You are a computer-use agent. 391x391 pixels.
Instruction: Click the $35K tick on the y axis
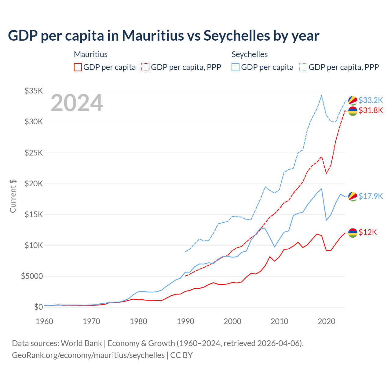(34, 91)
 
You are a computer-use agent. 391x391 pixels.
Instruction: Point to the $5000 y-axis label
(32, 276)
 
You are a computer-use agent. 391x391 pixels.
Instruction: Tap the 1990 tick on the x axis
(185, 321)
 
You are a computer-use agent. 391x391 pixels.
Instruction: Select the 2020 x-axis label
(327, 321)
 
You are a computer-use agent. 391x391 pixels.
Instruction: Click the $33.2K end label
(371, 100)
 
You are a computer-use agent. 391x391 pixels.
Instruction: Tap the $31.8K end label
(371, 110)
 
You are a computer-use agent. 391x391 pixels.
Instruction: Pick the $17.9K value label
(371, 196)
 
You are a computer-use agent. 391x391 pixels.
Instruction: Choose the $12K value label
(368, 232)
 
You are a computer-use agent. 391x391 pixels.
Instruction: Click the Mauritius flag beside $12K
(353, 233)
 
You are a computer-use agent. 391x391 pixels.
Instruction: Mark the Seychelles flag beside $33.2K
(353, 100)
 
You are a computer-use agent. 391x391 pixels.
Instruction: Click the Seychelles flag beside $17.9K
(353, 196)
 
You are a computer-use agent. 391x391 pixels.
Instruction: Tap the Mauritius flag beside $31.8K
(353, 111)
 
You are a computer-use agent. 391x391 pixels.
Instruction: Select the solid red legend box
(78, 67)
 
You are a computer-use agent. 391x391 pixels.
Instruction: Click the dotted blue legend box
(303, 67)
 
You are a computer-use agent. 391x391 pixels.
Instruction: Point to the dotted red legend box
(145, 67)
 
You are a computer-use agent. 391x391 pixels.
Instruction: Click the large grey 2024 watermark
(77, 103)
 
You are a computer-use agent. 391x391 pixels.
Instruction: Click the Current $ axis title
(13, 196)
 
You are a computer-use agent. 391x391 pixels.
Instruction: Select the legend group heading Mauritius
(91, 54)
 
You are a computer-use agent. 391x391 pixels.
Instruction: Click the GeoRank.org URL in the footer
(88, 355)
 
